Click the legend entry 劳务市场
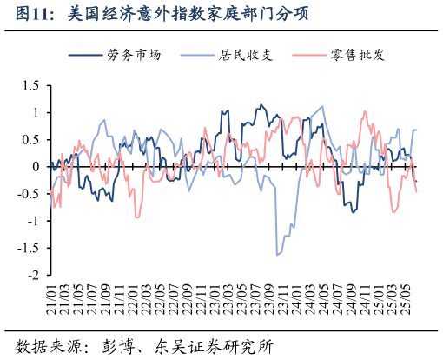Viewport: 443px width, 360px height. [x=135, y=55]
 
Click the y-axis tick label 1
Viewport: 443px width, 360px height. [x=36, y=113]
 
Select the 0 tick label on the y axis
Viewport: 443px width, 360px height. [x=36, y=167]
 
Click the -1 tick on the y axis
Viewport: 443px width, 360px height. [x=33, y=221]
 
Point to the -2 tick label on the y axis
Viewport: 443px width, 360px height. [x=33, y=275]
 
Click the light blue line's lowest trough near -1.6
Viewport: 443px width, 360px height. [x=277, y=255]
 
